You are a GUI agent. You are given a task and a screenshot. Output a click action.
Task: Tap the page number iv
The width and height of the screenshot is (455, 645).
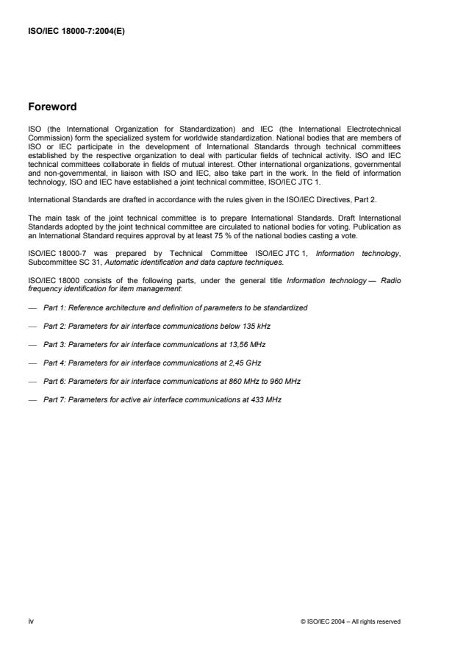point(30,621)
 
